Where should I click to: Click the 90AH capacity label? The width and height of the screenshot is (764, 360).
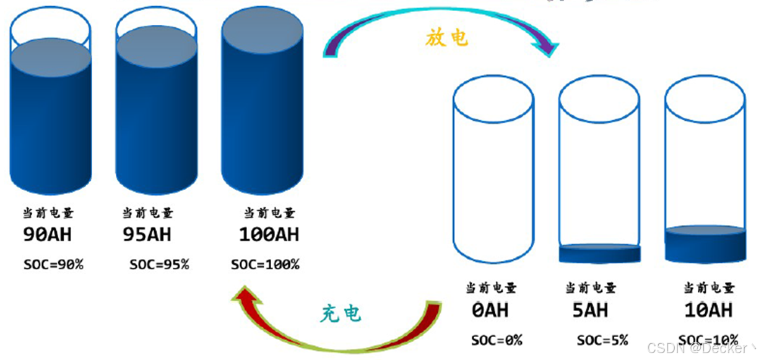(x=47, y=235)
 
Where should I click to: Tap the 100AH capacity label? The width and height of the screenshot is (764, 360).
(x=269, y=235)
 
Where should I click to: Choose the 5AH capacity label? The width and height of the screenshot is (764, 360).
(x=590, y=310)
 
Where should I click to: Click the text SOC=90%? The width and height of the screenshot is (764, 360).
(x=53, y=265)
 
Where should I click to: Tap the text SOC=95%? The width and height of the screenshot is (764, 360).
(x=159, y=265)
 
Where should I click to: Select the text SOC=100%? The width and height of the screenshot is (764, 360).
(x=265, y=265)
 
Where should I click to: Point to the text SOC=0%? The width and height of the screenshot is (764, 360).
(x=497, y=340)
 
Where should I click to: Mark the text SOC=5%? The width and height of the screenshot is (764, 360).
(x=602, y=340)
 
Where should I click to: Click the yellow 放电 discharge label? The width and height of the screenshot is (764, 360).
(x=446, y=38)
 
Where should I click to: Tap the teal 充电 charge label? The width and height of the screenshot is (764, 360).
(x=340, y=314)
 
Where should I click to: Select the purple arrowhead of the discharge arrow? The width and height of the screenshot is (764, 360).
(x=548, y=46)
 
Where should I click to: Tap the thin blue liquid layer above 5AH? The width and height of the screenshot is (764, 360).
(x=599, y=253)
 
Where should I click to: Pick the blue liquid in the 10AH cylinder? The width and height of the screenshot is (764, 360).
(x=705, y=243)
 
